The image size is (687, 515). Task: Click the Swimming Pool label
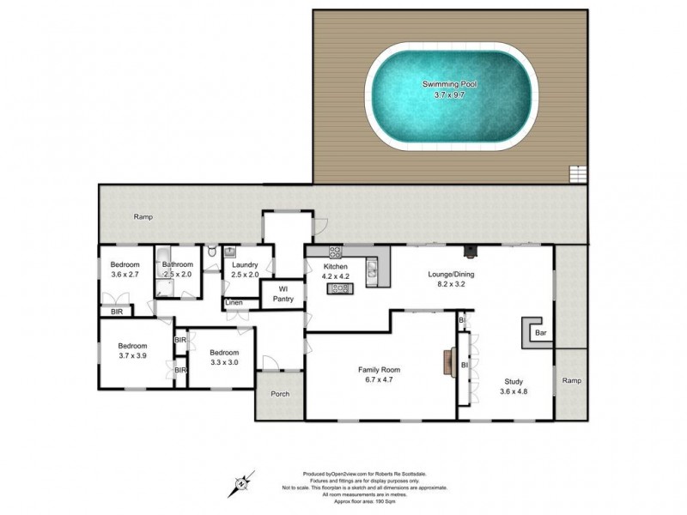tap(451, 84)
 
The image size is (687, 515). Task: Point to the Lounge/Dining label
tap(451, 275)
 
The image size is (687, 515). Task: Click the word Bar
tap(540, 332)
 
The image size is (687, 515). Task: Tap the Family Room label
tap(379, 370)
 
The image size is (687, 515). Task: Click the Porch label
tap(280, 395)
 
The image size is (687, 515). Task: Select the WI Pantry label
tap(283, 294)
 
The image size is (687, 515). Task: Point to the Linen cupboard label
tap(234, 303)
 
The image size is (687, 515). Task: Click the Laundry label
tap(245, 265)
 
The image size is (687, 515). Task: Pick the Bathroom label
tap(178, 265)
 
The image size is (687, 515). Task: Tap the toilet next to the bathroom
tap(211, 251)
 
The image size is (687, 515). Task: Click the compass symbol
tap(243, 483)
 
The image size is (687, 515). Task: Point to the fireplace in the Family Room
tap(447, 362)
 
